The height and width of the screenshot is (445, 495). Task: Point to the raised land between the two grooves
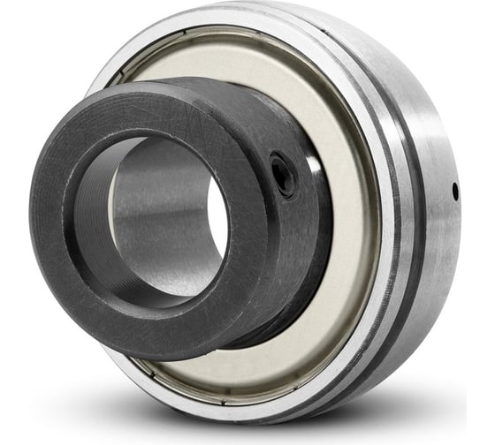pos(387,221)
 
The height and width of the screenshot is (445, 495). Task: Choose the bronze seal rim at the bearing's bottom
pos(221,388)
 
